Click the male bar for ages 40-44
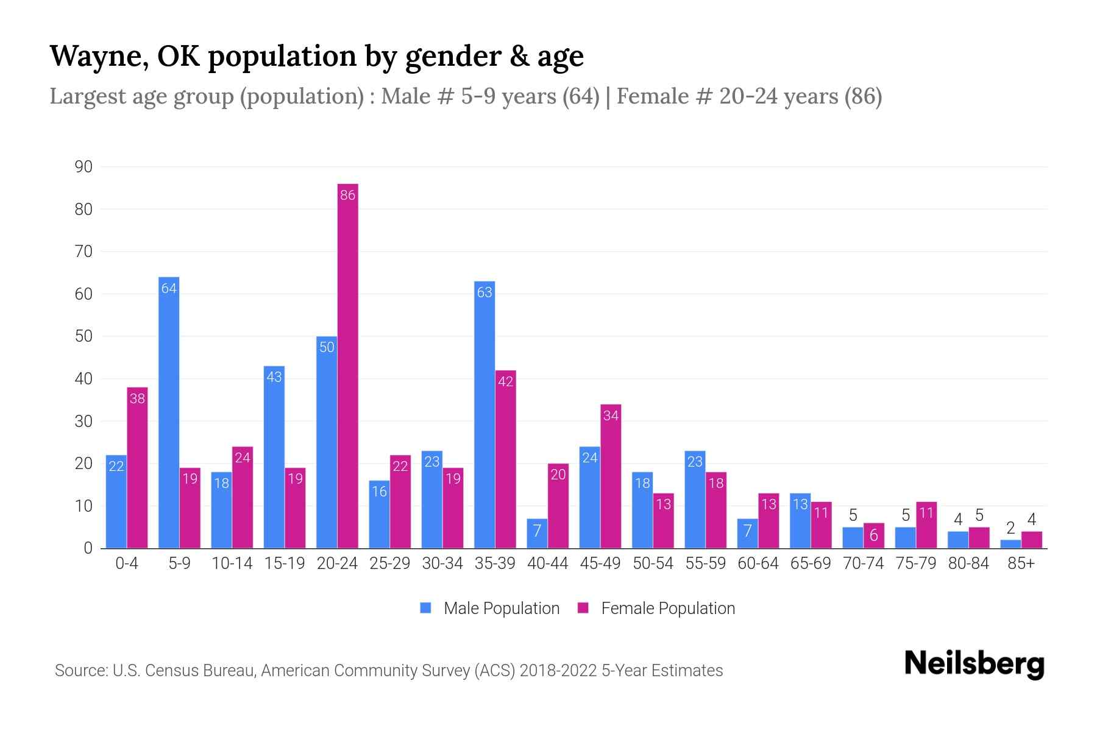point(537,534)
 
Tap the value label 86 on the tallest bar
point(347,196)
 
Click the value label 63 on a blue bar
point(485,292)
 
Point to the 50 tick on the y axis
point(83,336)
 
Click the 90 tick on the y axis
point(83,167)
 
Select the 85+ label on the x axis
point(1021,563)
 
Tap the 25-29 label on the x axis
point(389,563)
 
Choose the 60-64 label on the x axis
point(758,563)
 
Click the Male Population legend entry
point(490,608)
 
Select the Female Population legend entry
point(656,608)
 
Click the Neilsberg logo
point(974,664)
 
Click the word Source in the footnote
point(79,671)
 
